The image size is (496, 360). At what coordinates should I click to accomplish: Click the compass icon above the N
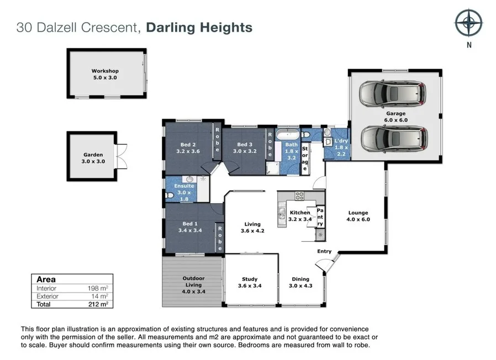click(469, 23)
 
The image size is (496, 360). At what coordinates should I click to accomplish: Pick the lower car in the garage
click(394, 138)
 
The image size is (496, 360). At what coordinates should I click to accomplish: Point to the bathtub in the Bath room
click(288, 134)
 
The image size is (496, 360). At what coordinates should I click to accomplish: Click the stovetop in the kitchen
click(299, 196)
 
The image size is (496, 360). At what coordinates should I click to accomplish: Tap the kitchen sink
click(282, 213)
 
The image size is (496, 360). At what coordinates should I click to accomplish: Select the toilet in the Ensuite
click(170, 195)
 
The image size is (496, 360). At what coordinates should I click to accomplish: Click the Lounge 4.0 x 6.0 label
click(358, 216)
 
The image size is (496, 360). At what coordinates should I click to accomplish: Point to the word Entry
click(324, 251)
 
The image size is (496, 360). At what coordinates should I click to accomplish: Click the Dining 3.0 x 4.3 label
click(300, 283)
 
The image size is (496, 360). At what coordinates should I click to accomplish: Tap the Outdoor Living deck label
click(193, 285)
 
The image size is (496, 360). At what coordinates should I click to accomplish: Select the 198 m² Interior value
click(98, 288)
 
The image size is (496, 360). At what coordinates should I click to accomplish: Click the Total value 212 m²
click(98, 304)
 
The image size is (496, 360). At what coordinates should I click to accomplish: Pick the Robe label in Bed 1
click(220, 238)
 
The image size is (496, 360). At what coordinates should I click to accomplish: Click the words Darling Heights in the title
click(199, 28)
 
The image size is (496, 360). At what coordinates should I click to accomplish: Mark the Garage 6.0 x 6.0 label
click(395, 117)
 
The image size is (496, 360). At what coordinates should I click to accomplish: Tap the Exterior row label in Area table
click(48, 297)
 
